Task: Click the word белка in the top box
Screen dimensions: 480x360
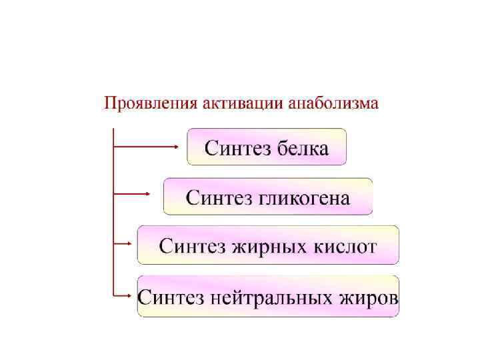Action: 303,148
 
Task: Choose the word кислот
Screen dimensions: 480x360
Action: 345,247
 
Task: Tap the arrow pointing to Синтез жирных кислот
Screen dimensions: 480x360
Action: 122,243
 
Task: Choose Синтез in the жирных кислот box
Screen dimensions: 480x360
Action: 191,247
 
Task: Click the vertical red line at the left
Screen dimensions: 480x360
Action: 113,213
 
